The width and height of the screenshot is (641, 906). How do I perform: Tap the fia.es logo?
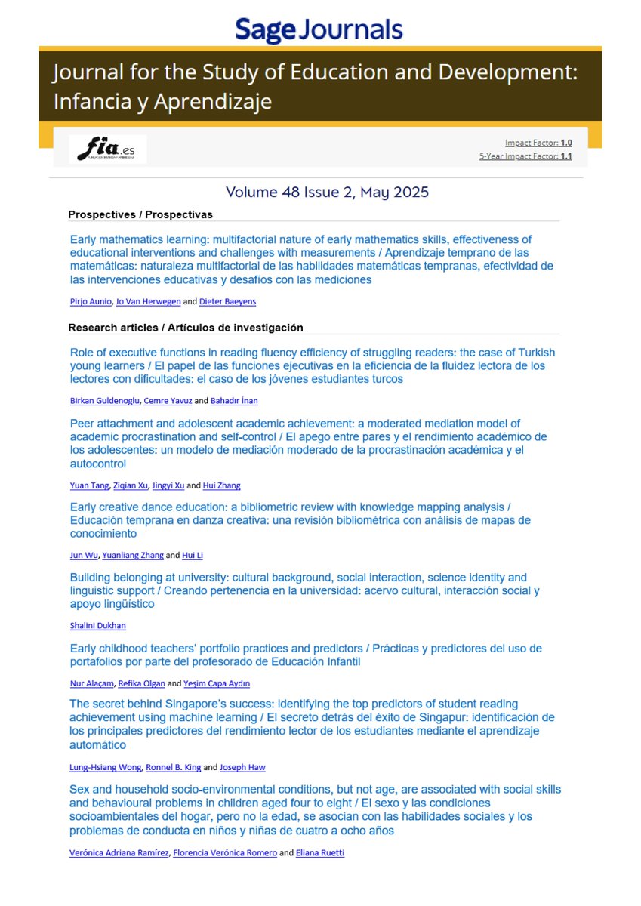pyautogui.click(x=107, y=149)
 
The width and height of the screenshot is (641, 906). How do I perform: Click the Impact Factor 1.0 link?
pyautogui.click(x=538, y=143)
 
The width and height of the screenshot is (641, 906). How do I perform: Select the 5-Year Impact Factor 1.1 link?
pyautogui.click(x=525, y=156)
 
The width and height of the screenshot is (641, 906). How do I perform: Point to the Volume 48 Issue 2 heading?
pyautogui.click(x=327, y=193)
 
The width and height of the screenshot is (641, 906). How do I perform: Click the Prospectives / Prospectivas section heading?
pyautogui.click(x=140, y=214)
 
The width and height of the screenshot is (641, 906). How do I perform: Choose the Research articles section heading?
pyautogui.click(x=185, y=328)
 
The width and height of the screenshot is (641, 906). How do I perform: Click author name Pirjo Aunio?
pyautogui.click(x=89, y=302)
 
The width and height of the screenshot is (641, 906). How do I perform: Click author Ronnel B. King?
pyautogui.click(x=173, y=767)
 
